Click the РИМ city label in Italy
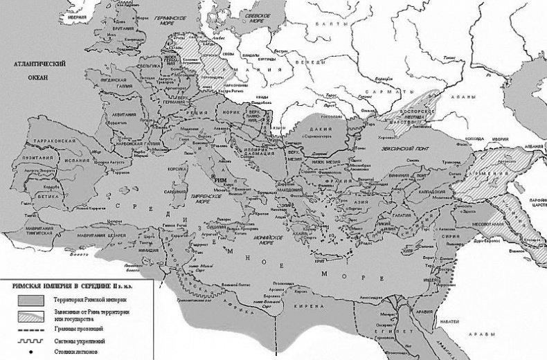[221, 178]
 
